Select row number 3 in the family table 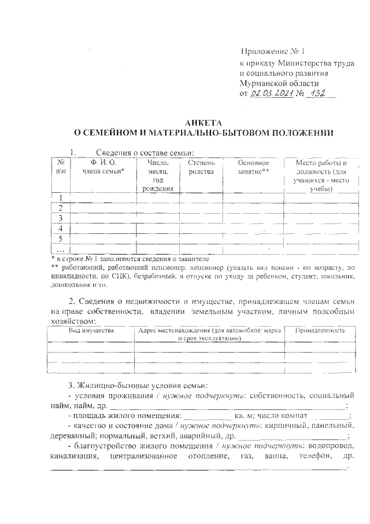60,218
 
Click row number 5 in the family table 60,238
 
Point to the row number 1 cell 60,198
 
